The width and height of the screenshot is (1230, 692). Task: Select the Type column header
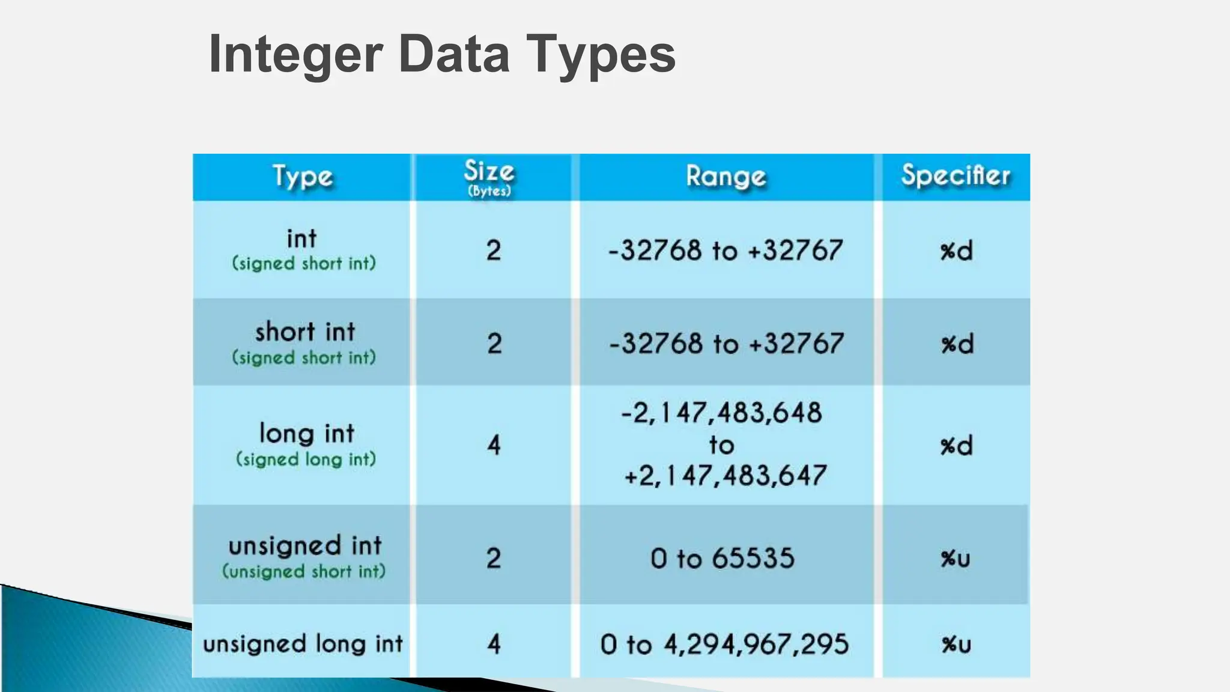(302, 177)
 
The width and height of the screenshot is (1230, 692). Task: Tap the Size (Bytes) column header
(489, 177)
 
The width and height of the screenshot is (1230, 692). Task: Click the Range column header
(726, 177)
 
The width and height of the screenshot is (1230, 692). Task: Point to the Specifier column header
(956, 175)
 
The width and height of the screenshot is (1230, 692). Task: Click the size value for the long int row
(494, 445)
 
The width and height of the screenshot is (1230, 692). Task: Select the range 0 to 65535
(723, 558)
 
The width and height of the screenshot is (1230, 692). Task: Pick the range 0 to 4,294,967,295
(724, 645)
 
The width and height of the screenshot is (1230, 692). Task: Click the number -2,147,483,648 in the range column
(721, 413)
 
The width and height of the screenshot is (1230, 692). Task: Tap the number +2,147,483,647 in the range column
(725, 476)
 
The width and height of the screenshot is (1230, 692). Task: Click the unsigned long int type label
(303, 644)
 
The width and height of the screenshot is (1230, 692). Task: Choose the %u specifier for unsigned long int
(956, 645)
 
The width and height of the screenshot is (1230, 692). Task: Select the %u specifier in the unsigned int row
(956, 559)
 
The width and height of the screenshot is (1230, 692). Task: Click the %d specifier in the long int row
(956, 446)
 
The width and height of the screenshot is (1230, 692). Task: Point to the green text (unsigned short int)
(304, 571)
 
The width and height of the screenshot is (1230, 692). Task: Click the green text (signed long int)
(306, 460)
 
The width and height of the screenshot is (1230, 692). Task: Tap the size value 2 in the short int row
(494, 344)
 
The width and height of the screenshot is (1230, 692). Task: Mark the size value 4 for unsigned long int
(494, 645)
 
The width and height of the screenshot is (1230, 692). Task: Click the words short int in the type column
(305, 332)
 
